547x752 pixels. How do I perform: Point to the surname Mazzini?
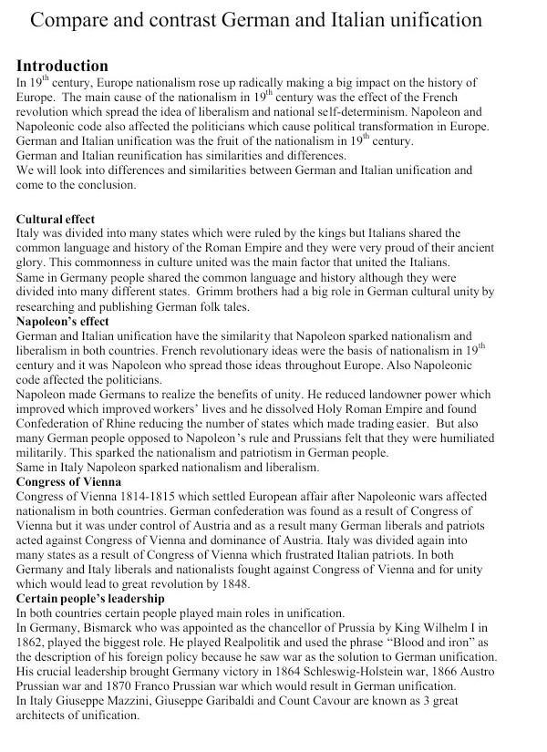136,700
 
